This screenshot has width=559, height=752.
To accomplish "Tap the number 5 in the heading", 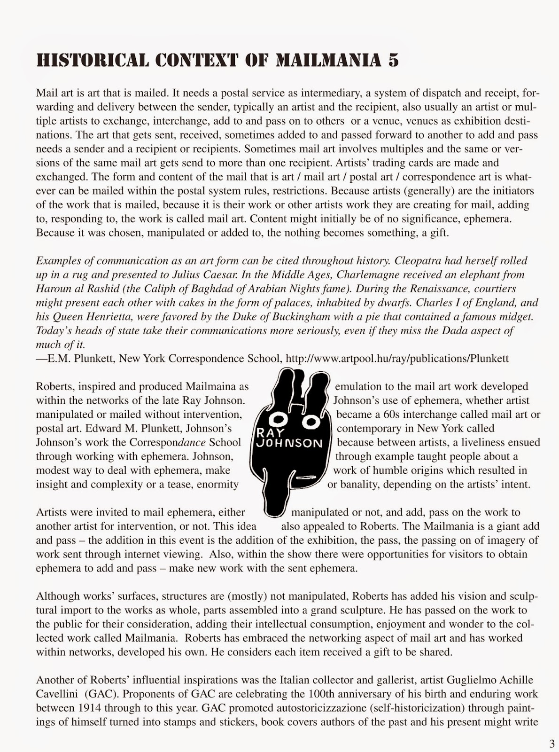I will (x=393, y=61).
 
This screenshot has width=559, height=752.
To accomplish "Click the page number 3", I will (x=551, y=743).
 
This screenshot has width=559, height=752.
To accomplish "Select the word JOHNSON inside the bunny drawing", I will (x=288, y=443).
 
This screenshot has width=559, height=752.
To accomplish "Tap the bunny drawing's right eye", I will (x=311, y=422).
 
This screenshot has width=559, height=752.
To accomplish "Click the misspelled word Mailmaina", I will (x=211, y=386).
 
